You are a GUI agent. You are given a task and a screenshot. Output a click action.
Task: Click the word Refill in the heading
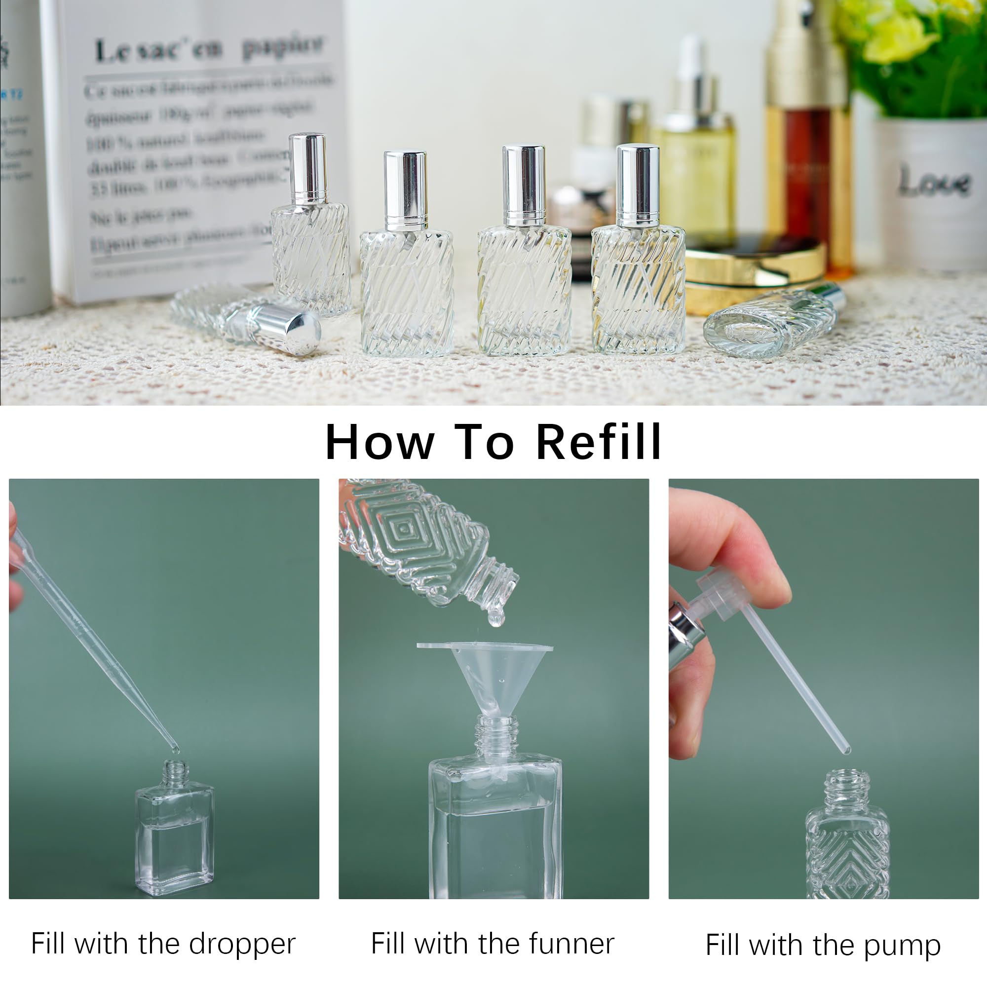tap(599, 442)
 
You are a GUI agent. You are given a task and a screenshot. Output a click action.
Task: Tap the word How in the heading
tap(380, 442)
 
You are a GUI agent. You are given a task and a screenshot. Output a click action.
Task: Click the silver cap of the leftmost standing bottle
tap(308, 169)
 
